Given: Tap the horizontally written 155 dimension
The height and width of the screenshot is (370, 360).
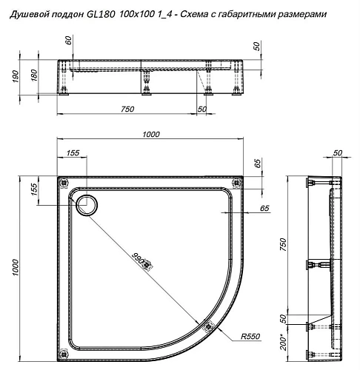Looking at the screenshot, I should pos(73,152).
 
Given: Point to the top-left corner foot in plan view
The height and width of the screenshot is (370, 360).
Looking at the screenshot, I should pos(63,182).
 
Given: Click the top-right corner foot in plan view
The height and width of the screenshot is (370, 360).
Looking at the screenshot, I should pos(237,182).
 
